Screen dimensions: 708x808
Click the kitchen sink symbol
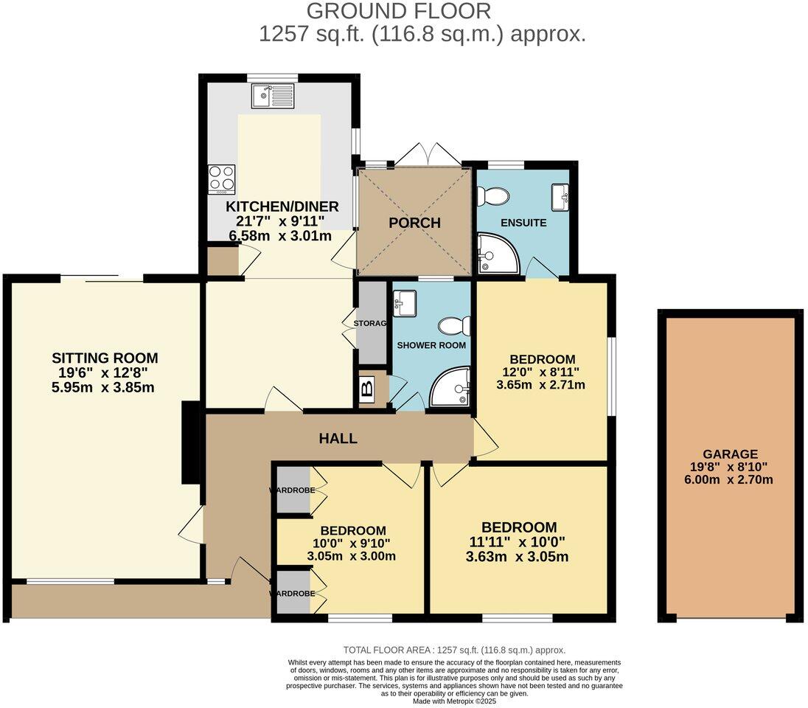(x=272, y=94)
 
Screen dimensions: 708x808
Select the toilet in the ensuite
(x=492, y=196)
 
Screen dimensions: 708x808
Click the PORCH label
(x=414, y=223)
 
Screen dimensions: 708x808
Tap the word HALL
(x=338, y=438)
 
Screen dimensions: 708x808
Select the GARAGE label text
(x=730, y=454)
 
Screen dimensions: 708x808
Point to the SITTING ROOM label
(x=105, y=358)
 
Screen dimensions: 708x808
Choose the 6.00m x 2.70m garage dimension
(x=730, y=479)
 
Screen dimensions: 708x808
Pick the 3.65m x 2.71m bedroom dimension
(x=541, y=384)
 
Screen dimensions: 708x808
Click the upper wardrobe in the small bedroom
(x=293, y=490)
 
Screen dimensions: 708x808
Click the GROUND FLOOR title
(x=398, y=11)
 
